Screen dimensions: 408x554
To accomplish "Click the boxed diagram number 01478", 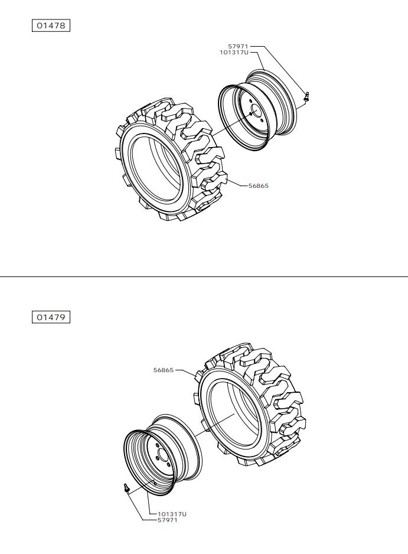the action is (x=51, y=25).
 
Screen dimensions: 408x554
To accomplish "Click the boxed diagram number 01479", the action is (x=51, y=317).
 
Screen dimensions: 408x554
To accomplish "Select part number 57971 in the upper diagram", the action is (x=238, y=46).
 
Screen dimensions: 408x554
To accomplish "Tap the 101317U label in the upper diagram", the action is (x=234, y=53).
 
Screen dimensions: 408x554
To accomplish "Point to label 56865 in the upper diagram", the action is (x=258, y=186).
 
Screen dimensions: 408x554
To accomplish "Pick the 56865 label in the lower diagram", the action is (x=164, y=370).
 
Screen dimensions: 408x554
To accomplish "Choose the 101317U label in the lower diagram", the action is (x=172, y=514).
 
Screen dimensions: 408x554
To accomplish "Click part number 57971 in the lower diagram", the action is (x=168, y=520).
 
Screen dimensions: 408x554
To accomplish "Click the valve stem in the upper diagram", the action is (x=306, y=96).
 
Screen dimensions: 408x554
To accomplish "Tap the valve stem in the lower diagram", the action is (x=126, y=488).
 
